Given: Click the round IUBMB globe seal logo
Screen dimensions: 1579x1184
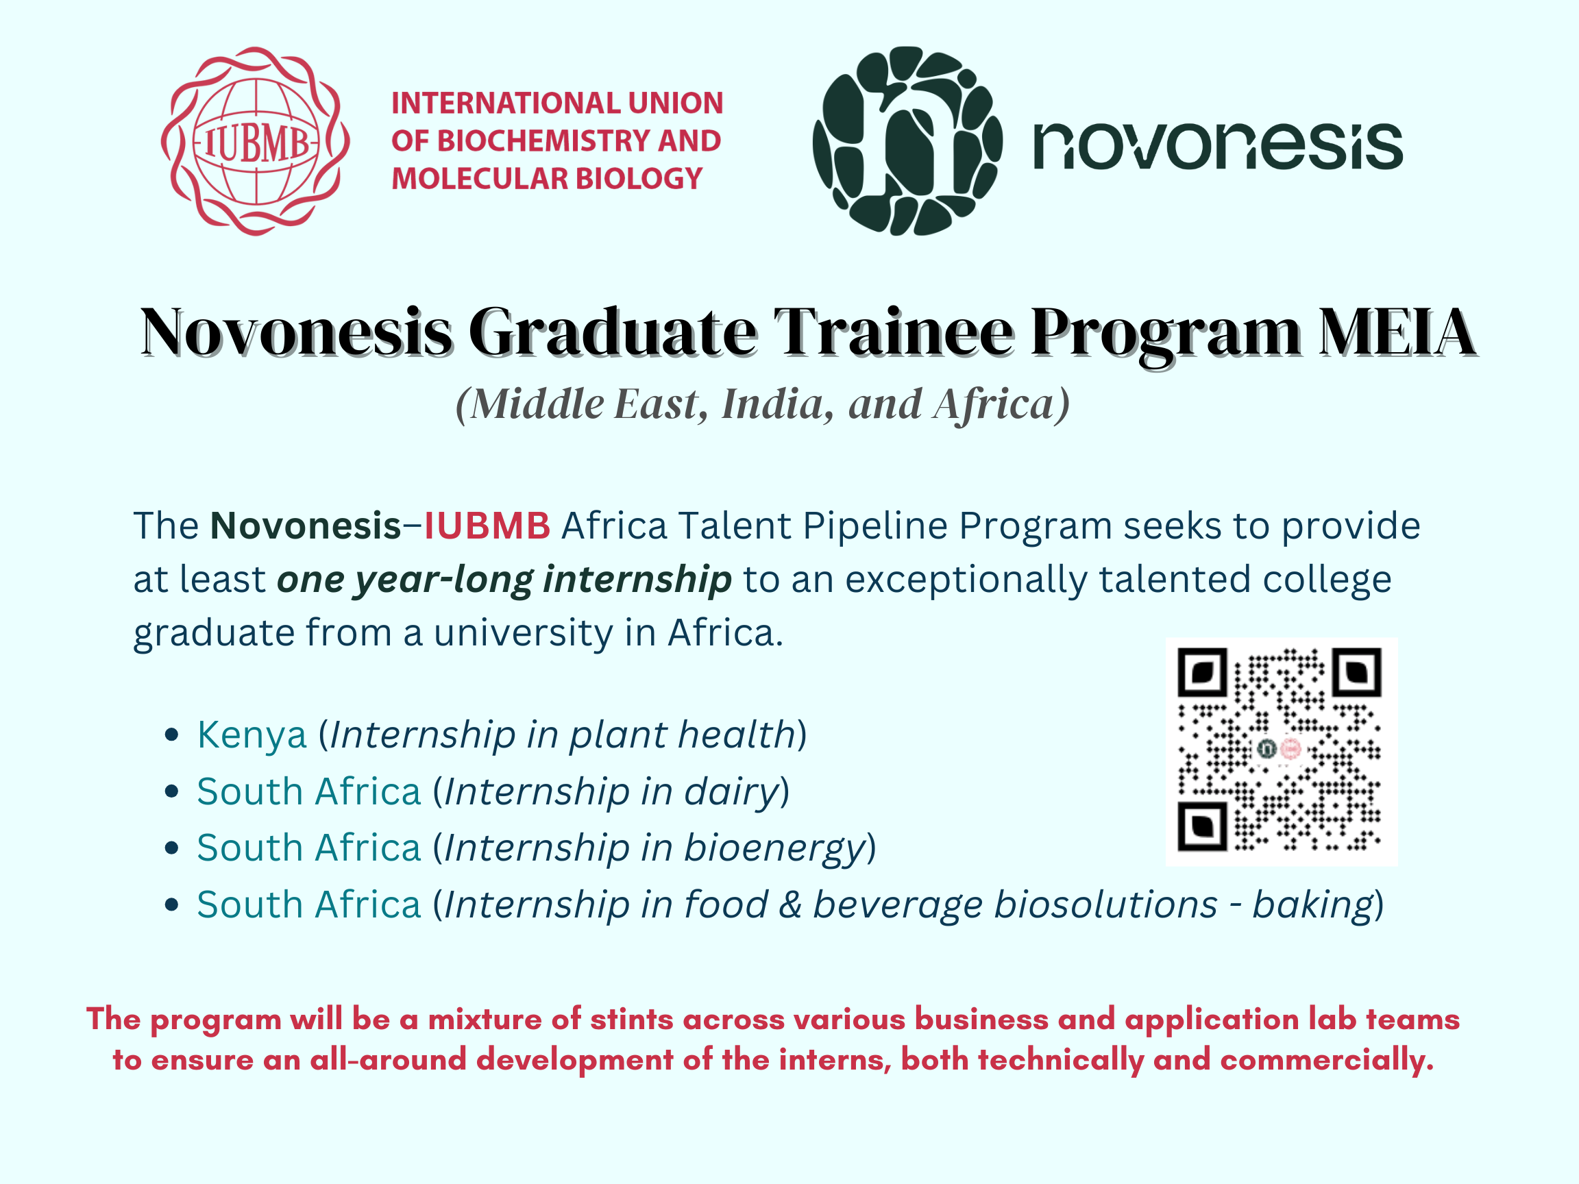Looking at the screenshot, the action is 256,141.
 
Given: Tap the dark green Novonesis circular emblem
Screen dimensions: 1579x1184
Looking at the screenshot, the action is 907,141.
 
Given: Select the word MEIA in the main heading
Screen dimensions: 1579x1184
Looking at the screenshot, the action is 1397,332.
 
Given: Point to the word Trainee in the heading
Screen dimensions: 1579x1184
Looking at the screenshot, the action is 894,332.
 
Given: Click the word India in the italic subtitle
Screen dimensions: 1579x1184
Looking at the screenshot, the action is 778,405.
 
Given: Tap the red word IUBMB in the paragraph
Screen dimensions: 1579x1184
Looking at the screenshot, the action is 487,526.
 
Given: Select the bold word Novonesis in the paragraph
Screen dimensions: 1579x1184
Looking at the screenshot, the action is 306,526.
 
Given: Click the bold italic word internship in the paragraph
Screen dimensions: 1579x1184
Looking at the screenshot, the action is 637,579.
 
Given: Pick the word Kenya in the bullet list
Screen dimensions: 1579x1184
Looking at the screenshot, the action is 252,735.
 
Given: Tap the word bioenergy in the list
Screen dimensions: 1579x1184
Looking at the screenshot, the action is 775,848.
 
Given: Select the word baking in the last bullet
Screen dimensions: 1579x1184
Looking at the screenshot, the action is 1314,905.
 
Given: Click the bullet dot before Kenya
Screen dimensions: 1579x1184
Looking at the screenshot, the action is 171,735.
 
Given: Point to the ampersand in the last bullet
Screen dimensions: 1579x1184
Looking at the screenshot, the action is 790,905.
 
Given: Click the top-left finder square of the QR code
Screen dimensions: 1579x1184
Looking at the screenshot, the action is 1203,672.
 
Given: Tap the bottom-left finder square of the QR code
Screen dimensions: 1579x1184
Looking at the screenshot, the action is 1203,826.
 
